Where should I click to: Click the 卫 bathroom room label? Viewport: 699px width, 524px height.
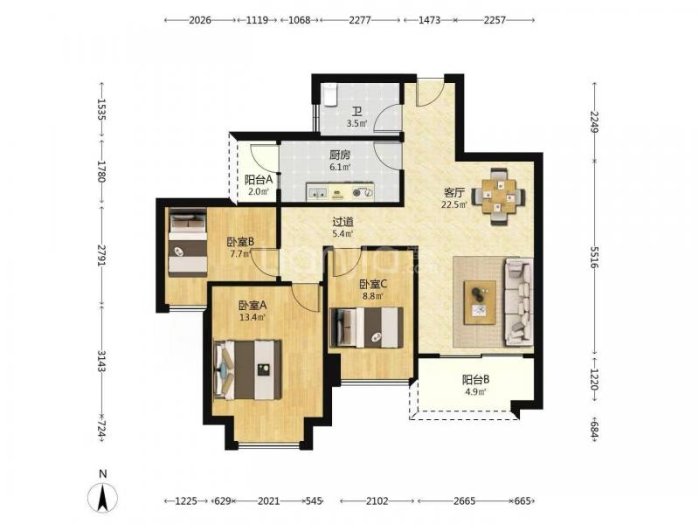tap(357, 111)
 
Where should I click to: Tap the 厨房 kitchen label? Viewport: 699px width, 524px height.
tap(340, 155)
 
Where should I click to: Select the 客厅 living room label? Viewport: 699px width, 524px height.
tap(454, 193)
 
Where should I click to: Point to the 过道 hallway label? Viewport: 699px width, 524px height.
tap(343, 222)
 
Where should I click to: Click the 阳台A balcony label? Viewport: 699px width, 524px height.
tap(259, 180)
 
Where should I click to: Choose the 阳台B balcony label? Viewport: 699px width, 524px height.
tap(475, 380)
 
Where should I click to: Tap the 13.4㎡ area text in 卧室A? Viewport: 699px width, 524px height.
tap(253, 317)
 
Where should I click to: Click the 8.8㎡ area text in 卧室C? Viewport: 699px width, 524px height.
tap(373, 295)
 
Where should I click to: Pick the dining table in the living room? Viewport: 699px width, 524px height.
tap(498, 196)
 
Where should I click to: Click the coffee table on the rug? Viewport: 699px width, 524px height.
tap(480, 302)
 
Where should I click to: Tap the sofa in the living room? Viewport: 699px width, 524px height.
tap(518, 302)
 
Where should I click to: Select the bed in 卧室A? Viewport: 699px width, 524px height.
tap(248, 369)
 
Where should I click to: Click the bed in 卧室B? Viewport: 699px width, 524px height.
tap(188, 244)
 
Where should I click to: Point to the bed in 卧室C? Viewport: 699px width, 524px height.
tap(366, 327)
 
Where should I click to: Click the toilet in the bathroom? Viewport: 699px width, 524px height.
tap(329, 96)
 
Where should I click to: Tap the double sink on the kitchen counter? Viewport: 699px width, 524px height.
tap(317, 192)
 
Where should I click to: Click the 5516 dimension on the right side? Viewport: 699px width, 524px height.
tap(594, 257)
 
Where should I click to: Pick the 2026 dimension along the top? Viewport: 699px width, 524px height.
tap(200, 20)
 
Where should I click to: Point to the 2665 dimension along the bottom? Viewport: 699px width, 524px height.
tap(465, 500)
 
